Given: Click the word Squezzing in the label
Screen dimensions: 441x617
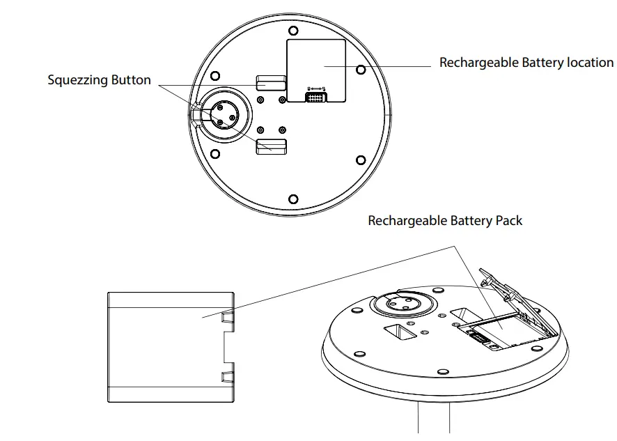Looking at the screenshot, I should (x=77, y=80).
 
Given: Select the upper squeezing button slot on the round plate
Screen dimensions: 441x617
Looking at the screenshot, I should (x=271, y=83).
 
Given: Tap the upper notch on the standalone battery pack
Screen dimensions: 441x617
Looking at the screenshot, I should (x=227, y=318).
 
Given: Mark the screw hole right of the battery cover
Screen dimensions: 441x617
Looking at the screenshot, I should (x=361, y=70).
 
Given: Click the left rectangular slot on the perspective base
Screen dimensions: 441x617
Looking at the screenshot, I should (x=402, y=332).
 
